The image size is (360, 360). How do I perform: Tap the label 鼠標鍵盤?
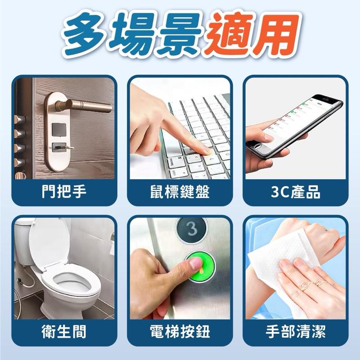coord(180,193)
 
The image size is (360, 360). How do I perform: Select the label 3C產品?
coord(296,193)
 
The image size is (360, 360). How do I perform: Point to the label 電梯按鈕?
coord(180,333)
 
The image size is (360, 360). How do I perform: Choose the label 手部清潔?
coord(296,333)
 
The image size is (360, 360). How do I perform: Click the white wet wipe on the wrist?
coord(288,252)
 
